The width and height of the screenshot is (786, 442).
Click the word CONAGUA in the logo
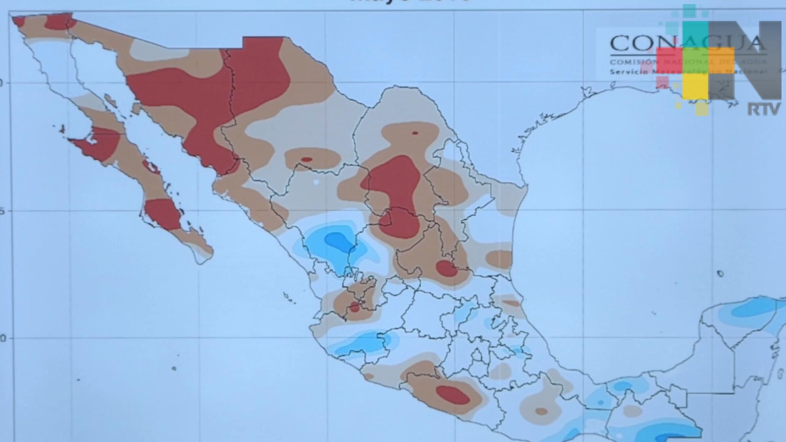(x=639, y=44)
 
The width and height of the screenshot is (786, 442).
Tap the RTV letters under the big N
(x=763, y=109)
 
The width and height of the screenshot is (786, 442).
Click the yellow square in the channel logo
(x=695, y=87)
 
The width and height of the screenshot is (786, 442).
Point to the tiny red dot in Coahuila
(x=415, y=133)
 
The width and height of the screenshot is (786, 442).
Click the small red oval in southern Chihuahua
(x=306, y=160)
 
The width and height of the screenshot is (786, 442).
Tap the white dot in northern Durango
(x=316, y=182)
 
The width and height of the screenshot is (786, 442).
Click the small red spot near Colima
(x=355, y=307)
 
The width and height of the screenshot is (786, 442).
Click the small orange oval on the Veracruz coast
(x=511, y=303)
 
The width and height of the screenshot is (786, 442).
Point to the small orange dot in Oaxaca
(x=541, y=411)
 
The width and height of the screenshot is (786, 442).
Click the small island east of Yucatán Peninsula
(x=720, y=273)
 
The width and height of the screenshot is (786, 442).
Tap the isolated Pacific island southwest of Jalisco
(x=174, y=368)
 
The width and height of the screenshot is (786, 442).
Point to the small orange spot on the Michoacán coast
(x=368, y=376)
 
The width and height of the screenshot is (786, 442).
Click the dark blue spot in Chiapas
(x=622, y=386)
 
